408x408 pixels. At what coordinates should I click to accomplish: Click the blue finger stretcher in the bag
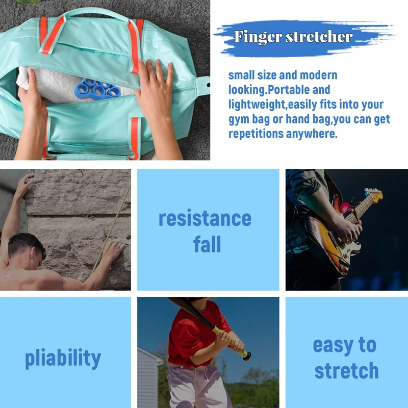97,89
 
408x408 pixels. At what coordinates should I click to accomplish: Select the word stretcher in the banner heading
319,37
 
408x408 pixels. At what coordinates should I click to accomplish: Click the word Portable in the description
289,90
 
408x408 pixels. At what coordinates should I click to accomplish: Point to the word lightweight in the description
257,105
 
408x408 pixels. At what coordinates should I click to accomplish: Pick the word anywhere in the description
312,134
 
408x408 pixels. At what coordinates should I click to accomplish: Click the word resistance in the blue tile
205,218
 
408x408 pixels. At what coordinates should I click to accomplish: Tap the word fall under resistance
207,244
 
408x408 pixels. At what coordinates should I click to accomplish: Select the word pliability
63,359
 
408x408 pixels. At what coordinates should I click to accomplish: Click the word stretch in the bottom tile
346,370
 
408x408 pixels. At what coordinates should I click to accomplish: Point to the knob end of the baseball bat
247,355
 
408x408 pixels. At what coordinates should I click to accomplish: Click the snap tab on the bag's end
203,85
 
